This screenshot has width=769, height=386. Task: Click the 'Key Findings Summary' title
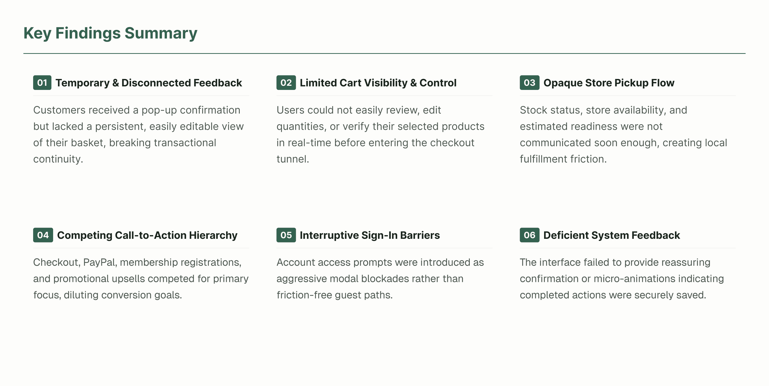click(x=110, y=33)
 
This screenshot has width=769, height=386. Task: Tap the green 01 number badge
click(x=42, y=83)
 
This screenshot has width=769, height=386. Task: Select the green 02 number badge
click(x=286, y=83)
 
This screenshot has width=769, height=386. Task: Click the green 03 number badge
click(x=529, y=83)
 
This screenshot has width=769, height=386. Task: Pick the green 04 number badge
click(x=43, y=235)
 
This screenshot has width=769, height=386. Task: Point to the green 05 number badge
click(x=286, y=235)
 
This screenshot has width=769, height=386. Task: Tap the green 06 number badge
click(x=529, y=235)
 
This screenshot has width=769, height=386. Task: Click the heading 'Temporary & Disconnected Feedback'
click(x=149, y=83)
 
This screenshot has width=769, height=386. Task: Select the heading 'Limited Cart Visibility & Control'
click(x=378, y=83)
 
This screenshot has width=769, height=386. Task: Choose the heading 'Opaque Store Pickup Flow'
click(x=609, y=83)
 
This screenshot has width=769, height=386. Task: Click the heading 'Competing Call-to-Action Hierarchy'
click(x=147, y=235)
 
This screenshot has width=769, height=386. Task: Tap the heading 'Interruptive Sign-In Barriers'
click(x=370, y=235)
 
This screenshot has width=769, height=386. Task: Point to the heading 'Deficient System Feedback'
click(x=611, y=235)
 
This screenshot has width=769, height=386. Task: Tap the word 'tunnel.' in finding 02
click(x=293, y=159)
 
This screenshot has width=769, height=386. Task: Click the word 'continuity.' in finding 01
click(x=58, y=159)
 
